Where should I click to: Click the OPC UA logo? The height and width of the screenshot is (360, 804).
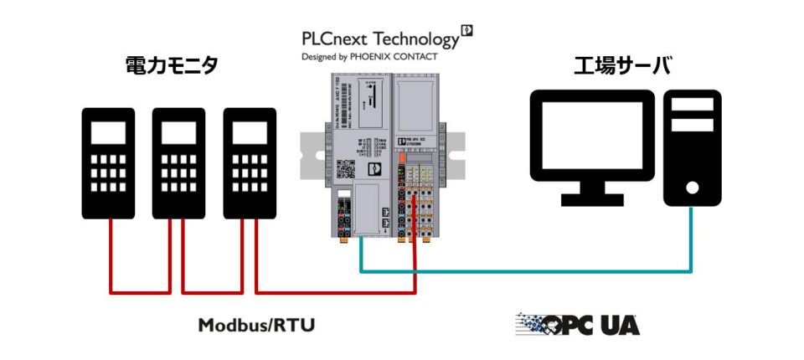coord(577,324)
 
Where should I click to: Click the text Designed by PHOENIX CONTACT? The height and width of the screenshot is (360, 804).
coord(368,57)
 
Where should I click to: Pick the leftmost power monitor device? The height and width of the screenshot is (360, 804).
coord(109,163)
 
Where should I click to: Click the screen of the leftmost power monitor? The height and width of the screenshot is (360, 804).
coord(109,132)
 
